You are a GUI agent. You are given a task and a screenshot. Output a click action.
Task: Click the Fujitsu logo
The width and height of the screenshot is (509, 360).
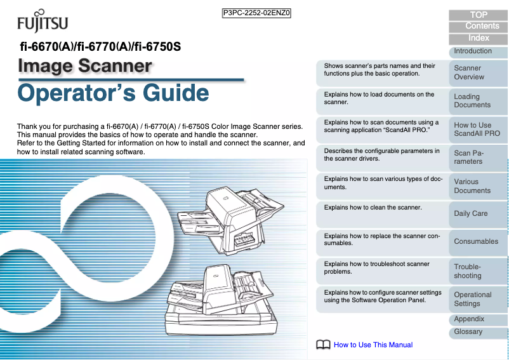point(43,21)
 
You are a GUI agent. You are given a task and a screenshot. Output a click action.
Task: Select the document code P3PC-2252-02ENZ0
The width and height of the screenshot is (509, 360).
point(256,13)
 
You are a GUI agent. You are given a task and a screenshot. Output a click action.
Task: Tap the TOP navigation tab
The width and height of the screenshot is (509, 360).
point(479,15)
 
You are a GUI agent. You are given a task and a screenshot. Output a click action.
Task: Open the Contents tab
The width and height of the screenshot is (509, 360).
point(479,26)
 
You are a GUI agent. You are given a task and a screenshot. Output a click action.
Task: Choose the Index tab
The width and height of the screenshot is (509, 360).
point(479,39)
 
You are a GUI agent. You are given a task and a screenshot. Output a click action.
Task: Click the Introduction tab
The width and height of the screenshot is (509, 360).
point(479,52)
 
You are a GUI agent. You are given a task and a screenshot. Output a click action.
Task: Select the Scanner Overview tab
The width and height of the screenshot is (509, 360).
point(479,73)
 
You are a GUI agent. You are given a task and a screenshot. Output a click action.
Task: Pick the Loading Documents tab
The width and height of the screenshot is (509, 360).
point(479,102)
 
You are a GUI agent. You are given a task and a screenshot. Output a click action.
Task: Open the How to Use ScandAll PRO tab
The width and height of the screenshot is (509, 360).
point(479,130)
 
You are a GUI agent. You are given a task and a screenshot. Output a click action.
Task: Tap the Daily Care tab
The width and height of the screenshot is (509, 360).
point(479,214)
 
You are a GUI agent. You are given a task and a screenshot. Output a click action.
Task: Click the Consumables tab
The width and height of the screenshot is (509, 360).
point(479,242)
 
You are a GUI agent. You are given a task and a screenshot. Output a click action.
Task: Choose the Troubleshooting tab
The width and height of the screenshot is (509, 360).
point(479,271)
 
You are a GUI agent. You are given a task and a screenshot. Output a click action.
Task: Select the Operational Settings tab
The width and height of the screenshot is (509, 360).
point(479,299)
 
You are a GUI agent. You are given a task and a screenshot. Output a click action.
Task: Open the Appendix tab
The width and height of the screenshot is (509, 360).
point(479,320)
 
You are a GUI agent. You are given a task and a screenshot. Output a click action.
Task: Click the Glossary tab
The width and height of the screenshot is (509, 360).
point(479,333)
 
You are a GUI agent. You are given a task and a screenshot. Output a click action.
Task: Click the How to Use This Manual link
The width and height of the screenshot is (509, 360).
point(373,345)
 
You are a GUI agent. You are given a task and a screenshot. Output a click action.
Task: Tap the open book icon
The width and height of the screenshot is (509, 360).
point(323,344)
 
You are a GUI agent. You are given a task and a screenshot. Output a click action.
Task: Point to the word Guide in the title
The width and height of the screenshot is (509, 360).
point(176,93)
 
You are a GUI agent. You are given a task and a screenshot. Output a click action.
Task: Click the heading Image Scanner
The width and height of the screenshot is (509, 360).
point(85,66)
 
